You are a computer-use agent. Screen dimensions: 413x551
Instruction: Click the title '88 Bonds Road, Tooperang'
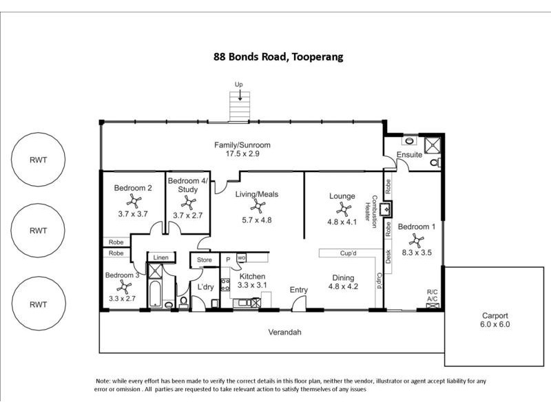pos(278,57)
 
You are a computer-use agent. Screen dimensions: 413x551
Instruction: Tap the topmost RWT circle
pos(38,160)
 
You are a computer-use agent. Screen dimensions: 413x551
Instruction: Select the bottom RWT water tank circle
pos(38,304)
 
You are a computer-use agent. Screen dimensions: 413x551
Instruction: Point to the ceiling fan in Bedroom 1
pos(416,240)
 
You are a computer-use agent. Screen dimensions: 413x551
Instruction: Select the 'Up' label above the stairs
pos(239,85)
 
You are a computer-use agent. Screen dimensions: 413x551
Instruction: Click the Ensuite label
pos(409,156)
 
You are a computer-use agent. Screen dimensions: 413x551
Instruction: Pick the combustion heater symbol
pos(388,209)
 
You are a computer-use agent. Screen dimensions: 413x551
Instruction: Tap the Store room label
pos(204,260)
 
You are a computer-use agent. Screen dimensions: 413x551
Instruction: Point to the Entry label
pos(298,290)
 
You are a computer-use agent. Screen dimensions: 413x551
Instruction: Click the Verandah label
pos(284,332)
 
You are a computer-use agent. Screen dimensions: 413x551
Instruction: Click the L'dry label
pos(205,286)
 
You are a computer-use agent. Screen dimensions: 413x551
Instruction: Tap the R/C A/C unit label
pos(433,295)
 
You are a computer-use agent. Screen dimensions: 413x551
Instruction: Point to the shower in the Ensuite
pos(433,144)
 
